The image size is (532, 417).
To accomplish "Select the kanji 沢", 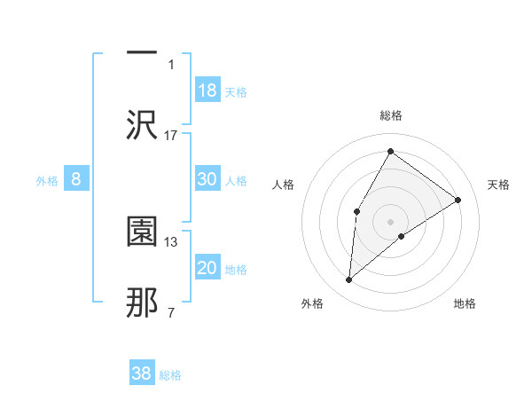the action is pyautogui.click(x=142, y=124).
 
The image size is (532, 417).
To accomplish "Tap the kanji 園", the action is pyautogui.click(x=142, y=232).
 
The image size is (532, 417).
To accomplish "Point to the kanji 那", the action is pyautogui.click(x=142, y=303).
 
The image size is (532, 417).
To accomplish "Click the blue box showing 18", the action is pyautogui.click(x=207, y=90).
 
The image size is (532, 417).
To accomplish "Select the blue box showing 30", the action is pyautogui.click(x=207, y=179).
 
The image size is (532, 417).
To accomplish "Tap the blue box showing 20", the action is pyautogui.click(x=207, y=269).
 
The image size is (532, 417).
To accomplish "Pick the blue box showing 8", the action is pyautogui.click(x=76, y=179).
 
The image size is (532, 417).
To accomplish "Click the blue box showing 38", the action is pyautogui.click(x=142, y=374).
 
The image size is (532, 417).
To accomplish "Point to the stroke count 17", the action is pyautogui.click(x=171, y=135).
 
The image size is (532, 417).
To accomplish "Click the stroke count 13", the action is pyautogui.click(x=171, y=241).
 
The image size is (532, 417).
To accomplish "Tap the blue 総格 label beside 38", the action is pyautogui.click(x=170, y=375).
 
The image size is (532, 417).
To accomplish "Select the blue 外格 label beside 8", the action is pyautogui.click(x=47, y=181).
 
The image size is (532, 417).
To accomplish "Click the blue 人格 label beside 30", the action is pyautogui.click(x=236, y=181).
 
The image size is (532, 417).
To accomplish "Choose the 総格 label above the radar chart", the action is pyautogui.click(x=391, y=115).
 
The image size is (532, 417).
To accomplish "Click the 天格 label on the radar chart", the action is pyautogui.click(x=499, y=185).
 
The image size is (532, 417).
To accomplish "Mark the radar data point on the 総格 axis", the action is pyautogui.click(x=390, y=151).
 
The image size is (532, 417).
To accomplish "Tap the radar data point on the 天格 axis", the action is pyautogui.click(x=458, y=200).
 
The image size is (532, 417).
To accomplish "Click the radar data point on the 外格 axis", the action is pyautogui.click(x=349, y=280).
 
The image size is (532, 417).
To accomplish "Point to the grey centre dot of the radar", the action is pyautogui.click(x=390, y=221).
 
